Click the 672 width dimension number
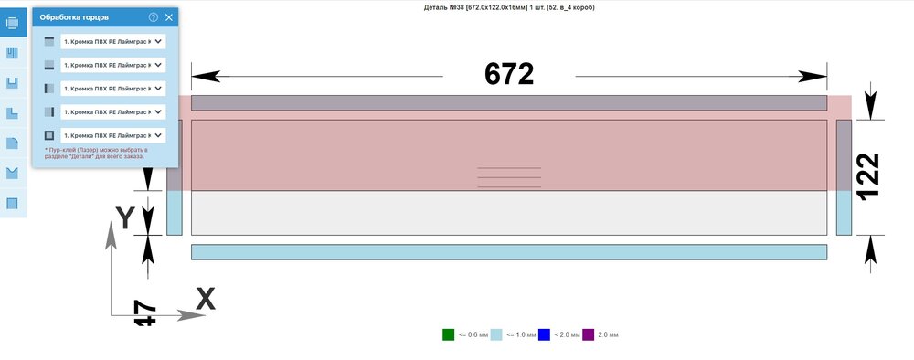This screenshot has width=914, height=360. [x=508, y=75]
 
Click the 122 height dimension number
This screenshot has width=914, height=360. [x=868, y=176]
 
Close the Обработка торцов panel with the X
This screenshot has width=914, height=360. [x=169, y=17]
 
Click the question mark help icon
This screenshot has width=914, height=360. [x=154, y=17]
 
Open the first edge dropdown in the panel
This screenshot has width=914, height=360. [x=113, y=41]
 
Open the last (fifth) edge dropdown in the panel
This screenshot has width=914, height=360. [x=113, y=135]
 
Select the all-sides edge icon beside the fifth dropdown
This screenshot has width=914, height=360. [x=49, y=135]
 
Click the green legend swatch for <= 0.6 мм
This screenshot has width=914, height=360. [x=448, y=334]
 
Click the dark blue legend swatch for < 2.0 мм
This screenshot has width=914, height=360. [x=544, y=334]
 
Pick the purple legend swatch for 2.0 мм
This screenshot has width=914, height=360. [x=589, y=334]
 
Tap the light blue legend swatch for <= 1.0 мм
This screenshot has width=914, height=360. [x=496, y=334]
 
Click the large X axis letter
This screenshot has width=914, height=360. [x=206, y=298]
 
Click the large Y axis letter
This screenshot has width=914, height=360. [x=126, y=218]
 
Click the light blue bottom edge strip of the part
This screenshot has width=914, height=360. [x=508, y=252]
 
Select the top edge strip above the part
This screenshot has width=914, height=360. [x=508, y=103]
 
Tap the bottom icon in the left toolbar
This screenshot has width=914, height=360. [x=13, y=203]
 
